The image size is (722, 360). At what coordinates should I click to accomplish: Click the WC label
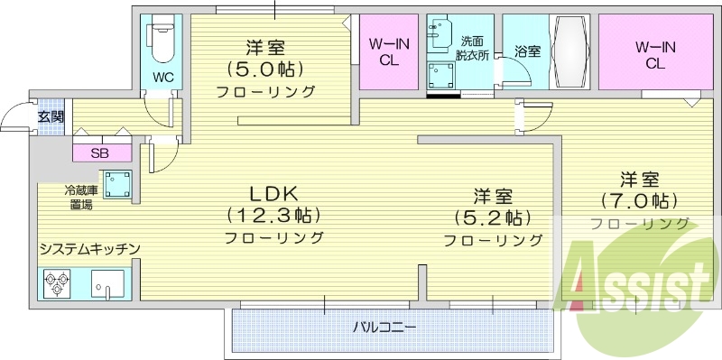click(x=162, y=76)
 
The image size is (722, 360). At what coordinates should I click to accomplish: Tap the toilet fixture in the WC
click(x=162, y=37)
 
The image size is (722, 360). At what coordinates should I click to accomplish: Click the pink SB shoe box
click(x=99, y=152)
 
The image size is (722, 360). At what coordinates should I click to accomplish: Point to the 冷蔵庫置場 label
click(x=78, y=198)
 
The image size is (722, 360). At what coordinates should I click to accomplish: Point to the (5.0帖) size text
click(x=264, y=69)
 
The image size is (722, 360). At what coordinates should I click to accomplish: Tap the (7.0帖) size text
click(x=639, y=200)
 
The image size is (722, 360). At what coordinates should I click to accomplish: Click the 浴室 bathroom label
click(x=527, y=52)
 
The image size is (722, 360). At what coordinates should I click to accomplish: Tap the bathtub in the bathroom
click(x=574, y=52)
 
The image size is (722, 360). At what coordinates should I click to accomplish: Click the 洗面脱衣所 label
click(x=473, y=48)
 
